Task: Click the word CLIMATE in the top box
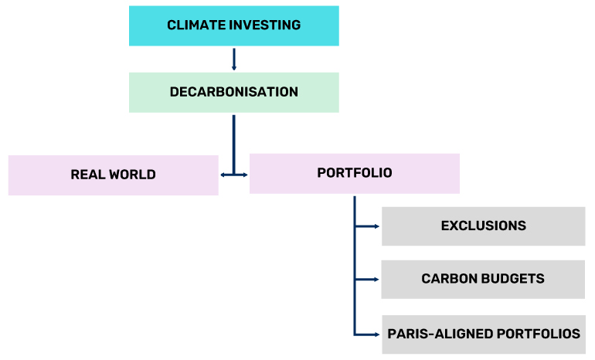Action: pyautogui.click(x=196, y=25)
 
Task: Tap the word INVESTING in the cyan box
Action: pyautogui.click(x=265, y=25)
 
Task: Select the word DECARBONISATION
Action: pyautogui.click(x=233, y=92)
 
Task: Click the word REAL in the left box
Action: pyautogui.click(x=88, y=175)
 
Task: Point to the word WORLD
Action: pyautogui.click(x=132, y=175)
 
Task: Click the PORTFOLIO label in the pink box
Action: pyautogui.click(x=355, y=173)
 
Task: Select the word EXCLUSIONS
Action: pyautogui.click(x=484, y=226)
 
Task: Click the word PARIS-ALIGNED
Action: pyautogui.click(x=440, y=334)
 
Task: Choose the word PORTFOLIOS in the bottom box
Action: pyautogui.click(x=539, y=334)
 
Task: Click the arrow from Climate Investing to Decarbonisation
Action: pyautogui.click(x=233, y=59)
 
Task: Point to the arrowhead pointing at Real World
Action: pyautogui.click(x=223, y=175)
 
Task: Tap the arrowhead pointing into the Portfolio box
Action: pyautogui.click(x=245, y=175)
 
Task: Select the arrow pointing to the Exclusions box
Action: pyautogui.click(x=367, y=226)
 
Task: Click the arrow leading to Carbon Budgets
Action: pyautogui.click(x=367, y=280)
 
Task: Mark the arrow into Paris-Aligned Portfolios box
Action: pyautogui.click(x=367, y=335)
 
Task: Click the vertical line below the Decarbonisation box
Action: pyautogui.click(x=233, y=144)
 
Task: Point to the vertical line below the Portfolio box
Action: pyautogui.click(x=355, y=266)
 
